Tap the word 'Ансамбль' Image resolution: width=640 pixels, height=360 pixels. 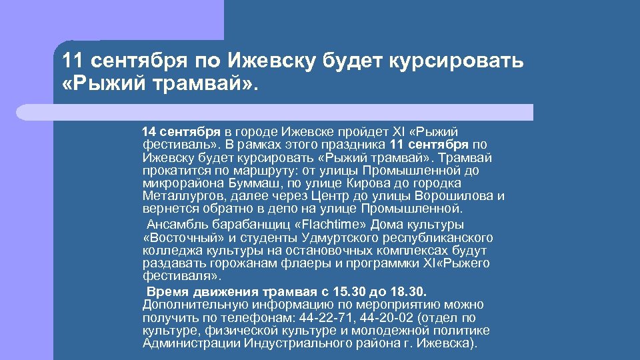tap(177, 225)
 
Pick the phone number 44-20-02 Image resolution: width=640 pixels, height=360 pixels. tap(387, 317)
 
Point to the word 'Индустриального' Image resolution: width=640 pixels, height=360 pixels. tap(287, 343)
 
